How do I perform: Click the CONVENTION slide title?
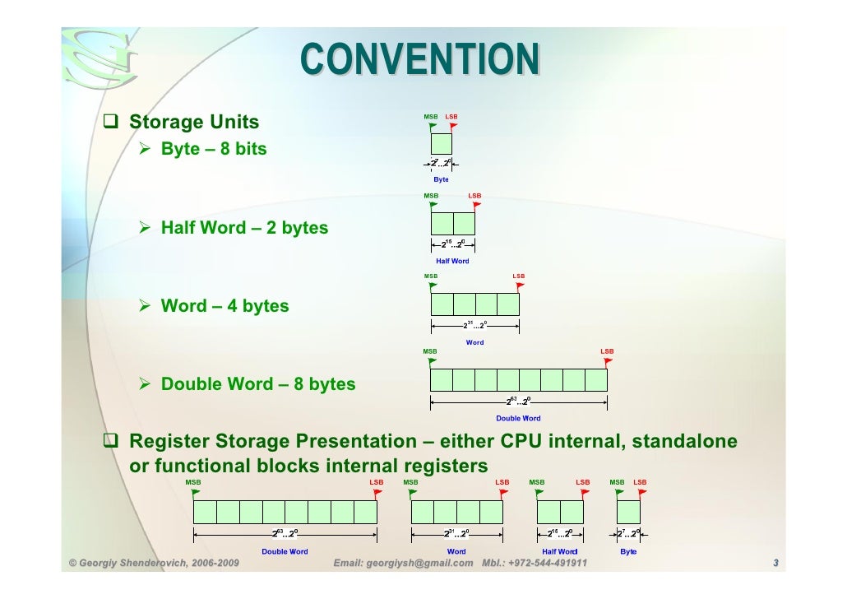pyautogui.click(x=419, y=59)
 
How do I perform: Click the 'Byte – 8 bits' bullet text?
pyautogui.click(x=214, y=150)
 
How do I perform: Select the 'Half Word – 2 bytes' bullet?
pyautogui.click(x=244, y=228)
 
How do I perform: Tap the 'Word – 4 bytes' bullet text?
pyautogui.click(x=224, y=306)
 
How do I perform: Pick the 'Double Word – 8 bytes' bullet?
pyautogui.click(x=258, y=384)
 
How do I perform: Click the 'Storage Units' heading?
pyautogui.click(x=194, y=123)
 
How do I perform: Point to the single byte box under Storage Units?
pyautogui.click(x=442, y=145)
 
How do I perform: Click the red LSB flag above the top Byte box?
pyautogui.click(x=453, y=126)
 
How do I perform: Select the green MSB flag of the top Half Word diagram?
pyautogui.click(x=433, y=204)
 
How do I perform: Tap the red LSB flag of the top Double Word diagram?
pyautogui.click(x=608, y=360)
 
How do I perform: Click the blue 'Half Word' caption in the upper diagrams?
pyautogui.click(x=452, y=261)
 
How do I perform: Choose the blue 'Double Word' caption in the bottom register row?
pyautogui.click(x=285, y=551)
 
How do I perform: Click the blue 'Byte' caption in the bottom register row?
pyautogui.click(x=628, y=551)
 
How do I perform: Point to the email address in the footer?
pyautogui.click(x=404, y=564)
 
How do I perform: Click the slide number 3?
pyautogui.click(x=775, y=564)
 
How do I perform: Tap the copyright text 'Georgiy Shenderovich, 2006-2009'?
pyautogui.click(x=146, y=564)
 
